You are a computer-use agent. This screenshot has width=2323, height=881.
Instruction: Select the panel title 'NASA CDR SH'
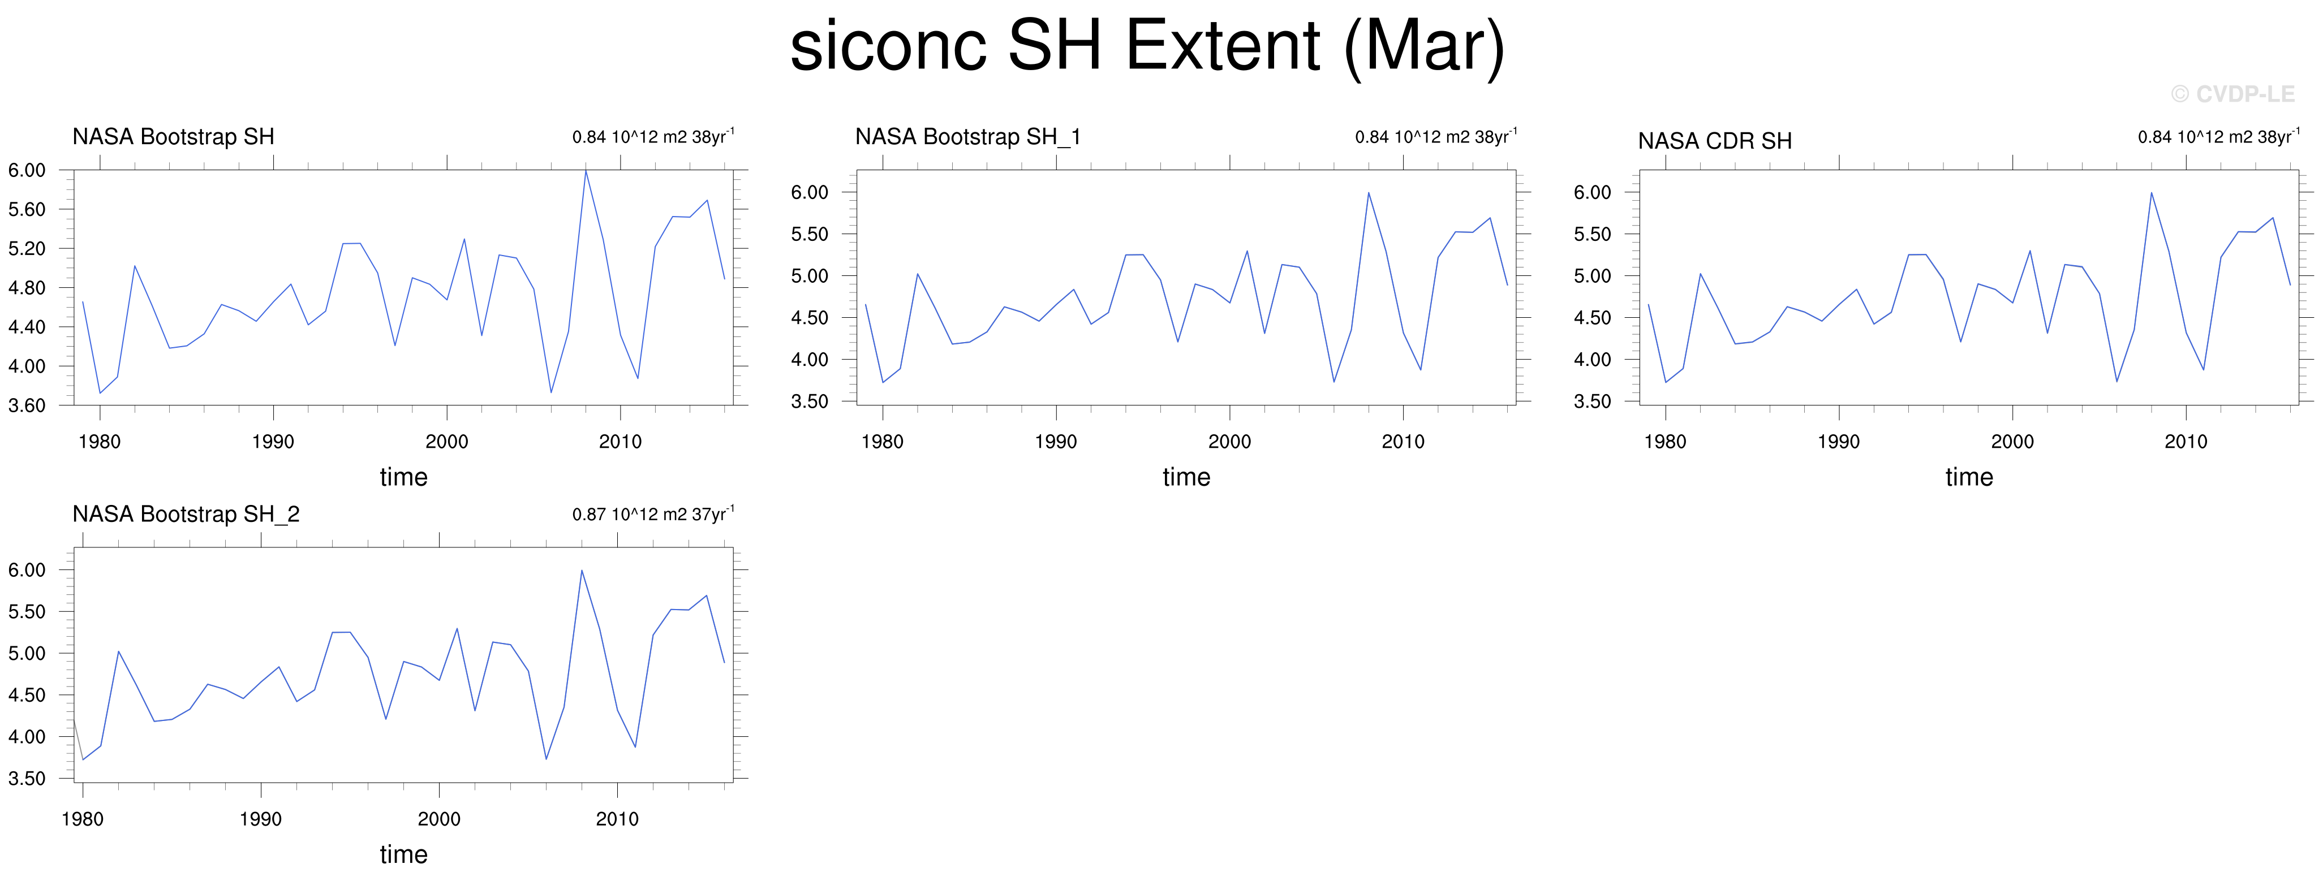coord(1714,141)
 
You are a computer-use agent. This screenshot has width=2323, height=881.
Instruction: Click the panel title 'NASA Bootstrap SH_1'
coord(967,136)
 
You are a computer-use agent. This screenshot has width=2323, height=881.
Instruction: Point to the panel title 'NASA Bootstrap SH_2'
coord(186,514)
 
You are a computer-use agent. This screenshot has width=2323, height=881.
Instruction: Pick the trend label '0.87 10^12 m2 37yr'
coord(653,514)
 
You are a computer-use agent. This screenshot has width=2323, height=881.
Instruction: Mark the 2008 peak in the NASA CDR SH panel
coord(2152,192)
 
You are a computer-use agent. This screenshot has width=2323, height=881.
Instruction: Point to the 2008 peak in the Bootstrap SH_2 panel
coord(582,570)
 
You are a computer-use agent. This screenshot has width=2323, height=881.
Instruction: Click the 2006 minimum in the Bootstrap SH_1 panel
coord(1333,382)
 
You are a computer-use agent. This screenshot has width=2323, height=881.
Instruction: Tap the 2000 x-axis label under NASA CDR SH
coord(2012,442)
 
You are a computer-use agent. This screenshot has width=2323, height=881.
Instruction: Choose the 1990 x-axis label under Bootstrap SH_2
coord(261,820)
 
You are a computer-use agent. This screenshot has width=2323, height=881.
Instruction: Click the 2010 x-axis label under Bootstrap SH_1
coord(1403,442)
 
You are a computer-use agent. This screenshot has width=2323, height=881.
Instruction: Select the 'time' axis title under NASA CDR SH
coord(1969,477)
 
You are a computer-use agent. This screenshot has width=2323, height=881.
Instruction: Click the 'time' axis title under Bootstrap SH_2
coord(403,854)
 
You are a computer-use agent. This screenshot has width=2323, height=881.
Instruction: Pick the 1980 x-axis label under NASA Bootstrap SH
coord(99,442)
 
